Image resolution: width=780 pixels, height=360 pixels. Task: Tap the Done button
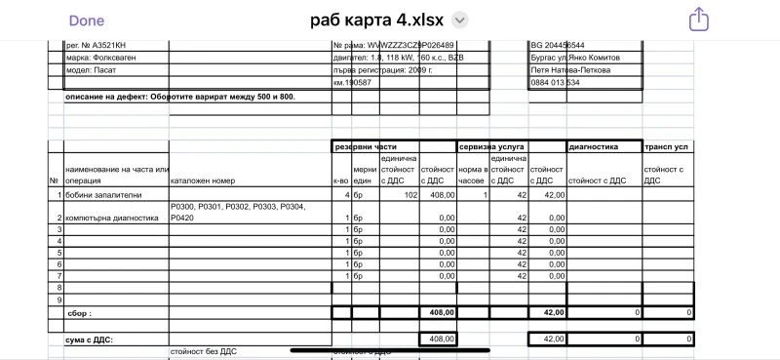[x=87, y=20]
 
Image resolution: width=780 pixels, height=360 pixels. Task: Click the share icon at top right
[x=698, y=20]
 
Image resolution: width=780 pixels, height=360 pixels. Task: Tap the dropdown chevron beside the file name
[x=461, y=20]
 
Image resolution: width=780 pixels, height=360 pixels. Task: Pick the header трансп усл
[x=667, y=147]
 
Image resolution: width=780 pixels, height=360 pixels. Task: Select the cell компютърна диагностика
[x=111, y=218]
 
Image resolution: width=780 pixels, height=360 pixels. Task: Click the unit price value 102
[x=410, y=195]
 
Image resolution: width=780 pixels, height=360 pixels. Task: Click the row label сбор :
[x=78, y=313]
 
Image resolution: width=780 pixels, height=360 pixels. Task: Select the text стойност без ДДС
[x=203, y=351]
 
